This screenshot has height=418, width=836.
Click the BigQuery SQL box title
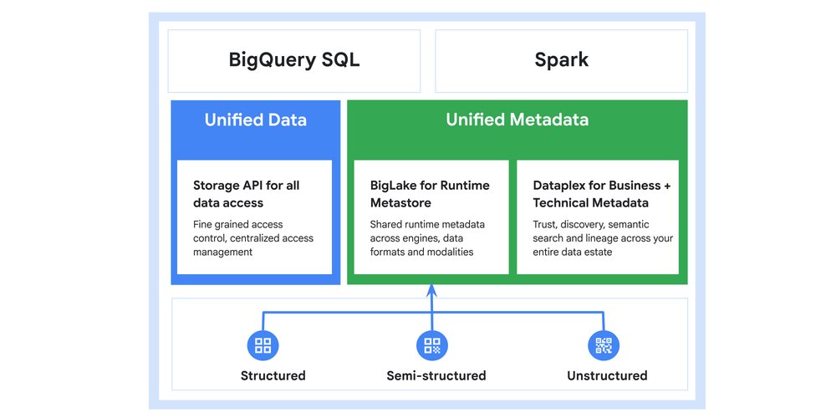point(294,60)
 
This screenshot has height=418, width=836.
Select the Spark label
point(561,60)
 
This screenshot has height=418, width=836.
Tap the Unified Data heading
point(255,120)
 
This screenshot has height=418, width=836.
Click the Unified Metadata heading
point(517,120)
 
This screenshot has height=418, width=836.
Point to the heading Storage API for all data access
point(246,193)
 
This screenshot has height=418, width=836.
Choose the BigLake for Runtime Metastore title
point(430,193)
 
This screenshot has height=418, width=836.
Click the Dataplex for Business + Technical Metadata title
point(601,193)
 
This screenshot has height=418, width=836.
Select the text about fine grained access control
point(253,237)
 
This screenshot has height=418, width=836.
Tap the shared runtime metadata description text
point(427,237)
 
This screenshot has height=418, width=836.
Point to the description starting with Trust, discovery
point(602,237)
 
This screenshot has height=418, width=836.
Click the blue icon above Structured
point(263,344)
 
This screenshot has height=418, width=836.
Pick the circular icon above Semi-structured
point(431,344)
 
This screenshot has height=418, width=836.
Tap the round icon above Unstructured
point(604,344)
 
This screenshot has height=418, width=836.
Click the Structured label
point(273,375)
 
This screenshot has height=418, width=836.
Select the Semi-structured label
point(436,375)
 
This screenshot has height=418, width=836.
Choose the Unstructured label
point(607,375)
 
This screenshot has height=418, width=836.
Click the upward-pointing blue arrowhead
point(431,290)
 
